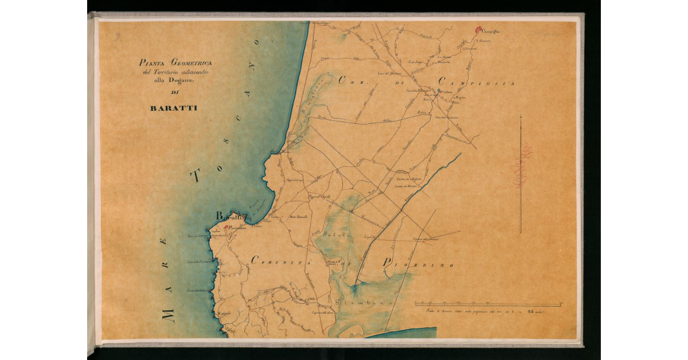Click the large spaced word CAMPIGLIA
point(476,83)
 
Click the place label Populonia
point(237,228)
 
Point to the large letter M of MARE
point(167,314)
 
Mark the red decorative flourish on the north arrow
point(522,166)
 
